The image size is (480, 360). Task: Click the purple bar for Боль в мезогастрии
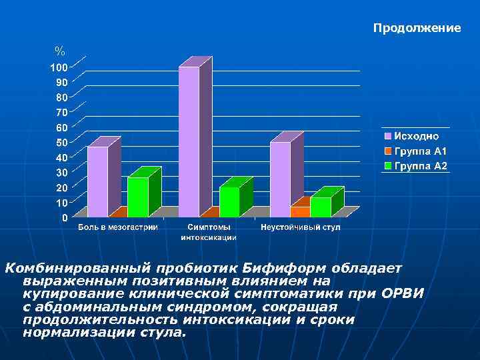[x=97, y=181]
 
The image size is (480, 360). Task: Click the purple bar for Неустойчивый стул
[x=280, y=179]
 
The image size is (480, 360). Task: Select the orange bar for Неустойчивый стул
[x=300, y=211]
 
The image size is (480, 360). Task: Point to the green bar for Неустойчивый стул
[x=321, y=207]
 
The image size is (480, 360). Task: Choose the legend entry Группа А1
[x=419, y=151]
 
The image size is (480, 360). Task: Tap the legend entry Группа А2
[x=419, y=165]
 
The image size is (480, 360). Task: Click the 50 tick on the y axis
[x=60, y=143]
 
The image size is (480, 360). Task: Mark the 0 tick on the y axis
[x=63, y=218]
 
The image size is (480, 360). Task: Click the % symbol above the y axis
[x=60, y=51]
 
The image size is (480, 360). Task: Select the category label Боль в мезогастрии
[x=118, y=228]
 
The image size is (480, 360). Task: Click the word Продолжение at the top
[x=417, y=28]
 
